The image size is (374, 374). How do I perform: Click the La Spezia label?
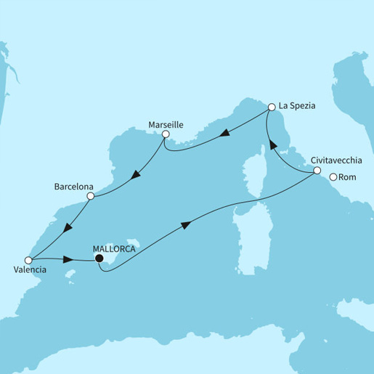point(300,106)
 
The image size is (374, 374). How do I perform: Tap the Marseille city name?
point(165,124)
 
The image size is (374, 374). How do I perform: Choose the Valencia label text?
point(30,270)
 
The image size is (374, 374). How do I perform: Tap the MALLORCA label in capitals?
point(114,245)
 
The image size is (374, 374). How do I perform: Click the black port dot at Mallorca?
point(99,256)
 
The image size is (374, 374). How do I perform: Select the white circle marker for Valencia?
point(28,259)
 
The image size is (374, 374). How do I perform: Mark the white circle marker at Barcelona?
point(90,196)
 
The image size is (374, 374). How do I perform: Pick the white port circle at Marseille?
point(166,134)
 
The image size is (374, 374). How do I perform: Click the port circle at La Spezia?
point(272,107)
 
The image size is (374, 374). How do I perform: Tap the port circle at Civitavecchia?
point(317,171)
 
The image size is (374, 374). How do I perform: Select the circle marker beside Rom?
point(333,177)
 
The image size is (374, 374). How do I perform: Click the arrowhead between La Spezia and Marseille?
point(225,133)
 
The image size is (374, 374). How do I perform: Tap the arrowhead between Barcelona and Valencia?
point(66,229)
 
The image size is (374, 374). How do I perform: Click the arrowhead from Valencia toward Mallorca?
point(68,259)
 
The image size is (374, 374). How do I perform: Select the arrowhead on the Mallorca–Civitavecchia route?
point(186,225)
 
